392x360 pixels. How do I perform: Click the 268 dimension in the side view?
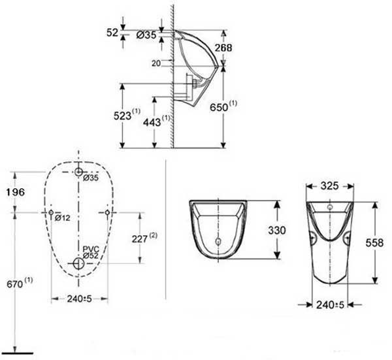[223, 48]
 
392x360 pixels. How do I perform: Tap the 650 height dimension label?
[219, 108]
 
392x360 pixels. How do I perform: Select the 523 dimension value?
[123, 116]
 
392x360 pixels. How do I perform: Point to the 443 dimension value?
[152, 122]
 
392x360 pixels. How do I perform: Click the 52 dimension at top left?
[112, 33]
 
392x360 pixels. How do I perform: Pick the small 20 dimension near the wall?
[156, 63]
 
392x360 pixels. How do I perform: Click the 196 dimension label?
[16, 192]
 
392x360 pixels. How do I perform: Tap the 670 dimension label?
[15, 284]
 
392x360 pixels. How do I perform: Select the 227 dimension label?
[140, 239]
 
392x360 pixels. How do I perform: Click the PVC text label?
[91, 249]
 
